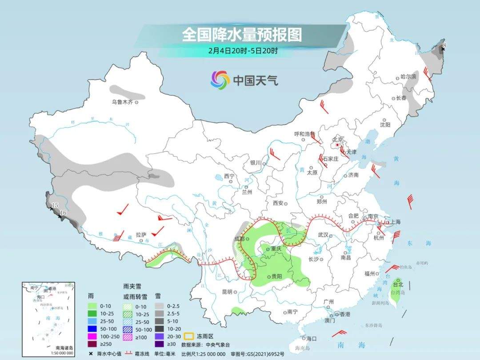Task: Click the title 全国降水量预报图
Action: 242,35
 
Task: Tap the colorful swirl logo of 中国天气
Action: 220,80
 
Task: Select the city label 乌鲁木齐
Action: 122,102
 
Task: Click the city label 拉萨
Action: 140,235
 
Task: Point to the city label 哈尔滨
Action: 408,77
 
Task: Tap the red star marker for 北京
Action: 338,145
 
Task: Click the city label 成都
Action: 239,239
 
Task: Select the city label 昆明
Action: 227,292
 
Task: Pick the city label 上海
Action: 395,222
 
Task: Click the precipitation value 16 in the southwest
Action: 63,213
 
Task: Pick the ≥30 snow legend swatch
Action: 160,344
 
